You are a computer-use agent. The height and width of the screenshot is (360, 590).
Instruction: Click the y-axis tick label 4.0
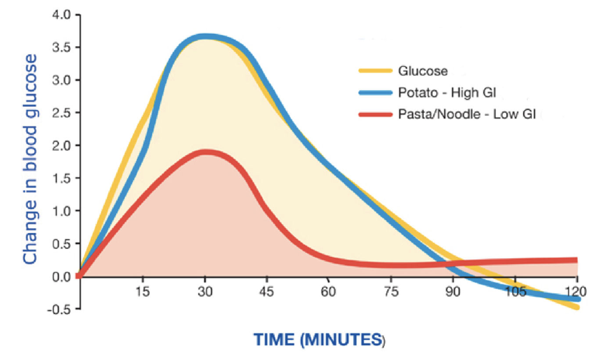pos(61,15)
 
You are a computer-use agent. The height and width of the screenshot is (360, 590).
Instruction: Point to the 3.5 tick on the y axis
pos(61,47)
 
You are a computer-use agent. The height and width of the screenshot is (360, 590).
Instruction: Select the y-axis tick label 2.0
pos(61,145)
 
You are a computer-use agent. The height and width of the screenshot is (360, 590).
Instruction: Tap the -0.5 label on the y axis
pos(60,309)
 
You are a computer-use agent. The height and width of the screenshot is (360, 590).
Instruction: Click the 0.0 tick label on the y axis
pos(61,276)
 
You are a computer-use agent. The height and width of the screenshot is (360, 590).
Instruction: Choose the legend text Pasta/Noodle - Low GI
pos(467,115)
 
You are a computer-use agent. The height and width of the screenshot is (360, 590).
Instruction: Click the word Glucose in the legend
pos(423,70)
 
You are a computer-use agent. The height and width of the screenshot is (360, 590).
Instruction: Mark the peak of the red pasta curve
pos(205,152)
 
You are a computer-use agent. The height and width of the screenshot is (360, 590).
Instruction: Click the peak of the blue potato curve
pos(205,37)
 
